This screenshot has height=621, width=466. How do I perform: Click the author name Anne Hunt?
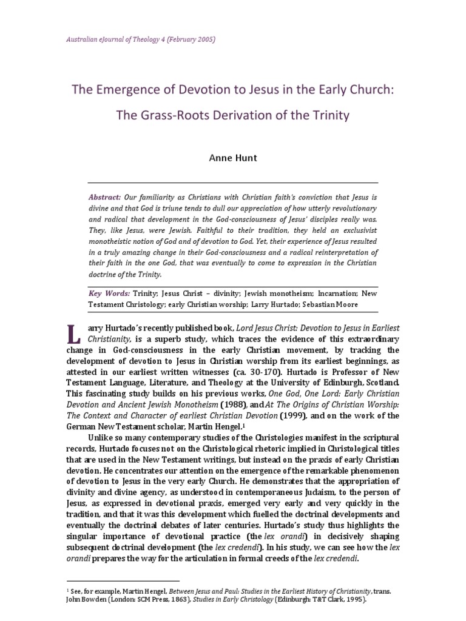tap(232, 157)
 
